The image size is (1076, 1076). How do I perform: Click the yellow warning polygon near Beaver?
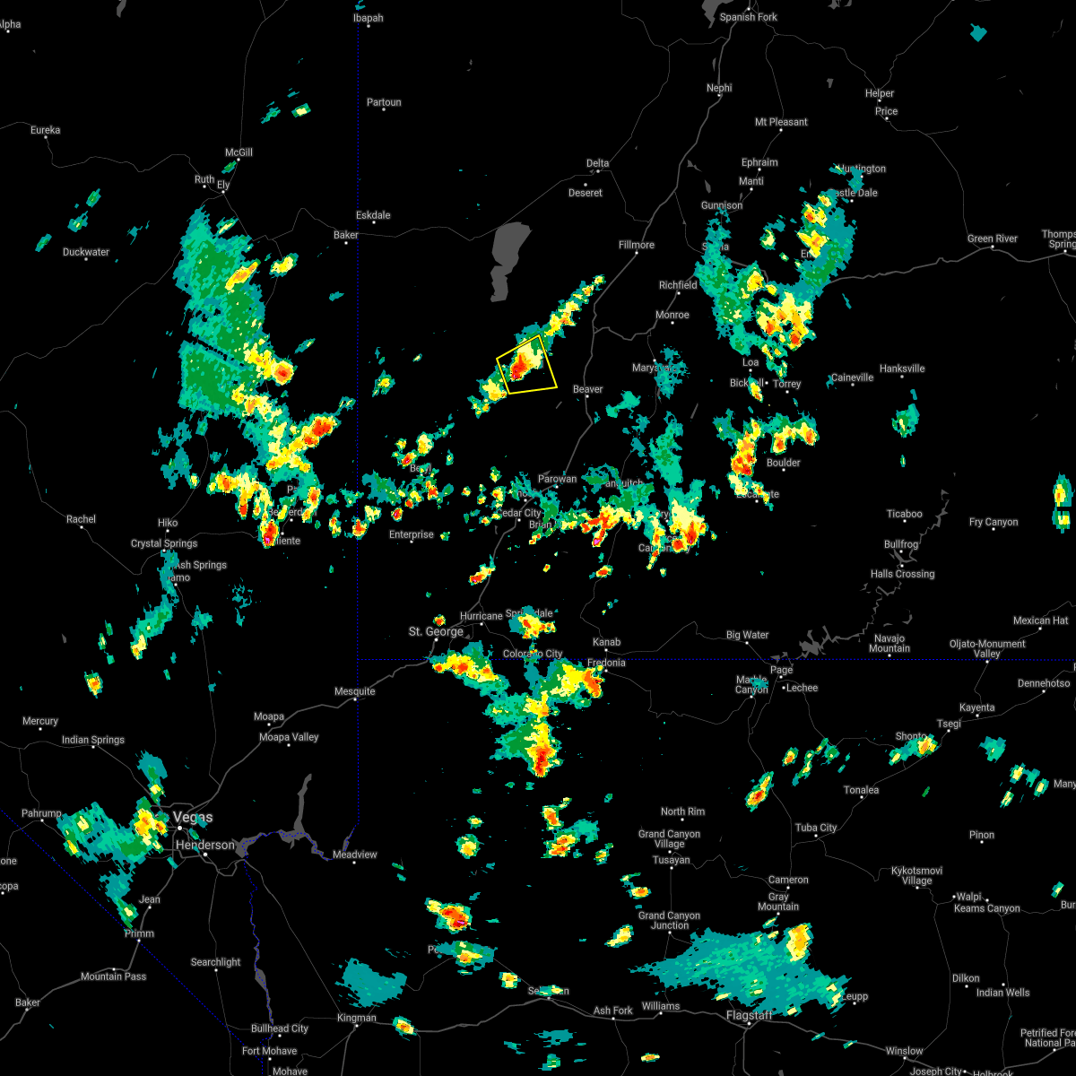(527, 364)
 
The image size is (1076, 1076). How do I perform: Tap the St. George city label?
(436, 631)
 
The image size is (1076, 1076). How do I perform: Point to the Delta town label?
(597, 163)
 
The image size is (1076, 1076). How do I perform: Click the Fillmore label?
(637, 245)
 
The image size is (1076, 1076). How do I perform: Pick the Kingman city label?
(356, 1018)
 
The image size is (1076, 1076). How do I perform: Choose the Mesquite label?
(355, 691)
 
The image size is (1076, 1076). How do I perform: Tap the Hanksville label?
(902, 369)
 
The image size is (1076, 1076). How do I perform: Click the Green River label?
(993, 239)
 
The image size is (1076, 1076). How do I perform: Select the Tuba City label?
(816, 828)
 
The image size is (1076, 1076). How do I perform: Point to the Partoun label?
(384, 102)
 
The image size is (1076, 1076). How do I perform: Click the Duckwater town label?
(86, 252)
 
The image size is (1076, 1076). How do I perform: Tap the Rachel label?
(81, 519)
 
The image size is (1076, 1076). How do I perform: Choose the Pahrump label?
(41, 813)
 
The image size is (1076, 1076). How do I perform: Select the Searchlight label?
(216, 962)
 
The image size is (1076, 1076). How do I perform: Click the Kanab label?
(606, 642)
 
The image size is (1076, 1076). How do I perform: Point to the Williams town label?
(661, 1006)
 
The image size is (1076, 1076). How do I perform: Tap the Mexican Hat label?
(1040, 620)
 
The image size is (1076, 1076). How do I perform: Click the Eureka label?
(45, 130)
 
